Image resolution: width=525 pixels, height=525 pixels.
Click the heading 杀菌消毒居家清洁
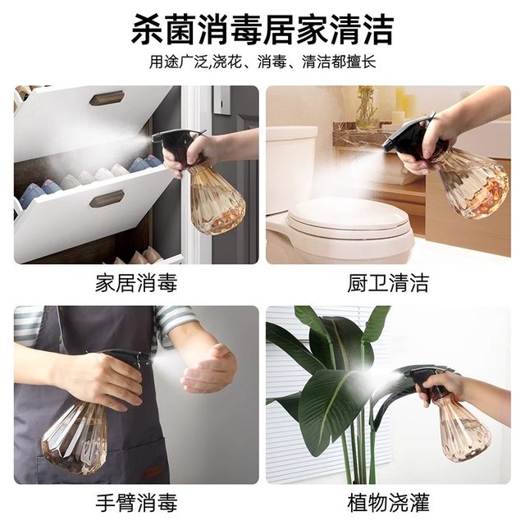click(262, 30)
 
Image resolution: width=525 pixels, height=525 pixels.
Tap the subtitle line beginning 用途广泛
click(262, 62)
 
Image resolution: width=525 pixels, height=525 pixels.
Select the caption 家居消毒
click(136, 284)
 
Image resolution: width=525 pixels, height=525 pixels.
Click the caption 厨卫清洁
click(388, 284)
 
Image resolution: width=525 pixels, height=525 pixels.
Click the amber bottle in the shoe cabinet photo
click(215, 201)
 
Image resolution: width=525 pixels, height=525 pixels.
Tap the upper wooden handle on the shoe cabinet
click(107, 98)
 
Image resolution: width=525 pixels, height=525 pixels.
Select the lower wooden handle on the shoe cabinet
click(107, 199)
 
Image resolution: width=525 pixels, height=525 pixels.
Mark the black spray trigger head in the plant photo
click(427, 378)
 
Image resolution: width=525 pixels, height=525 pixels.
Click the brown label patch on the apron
click(152, 472)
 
